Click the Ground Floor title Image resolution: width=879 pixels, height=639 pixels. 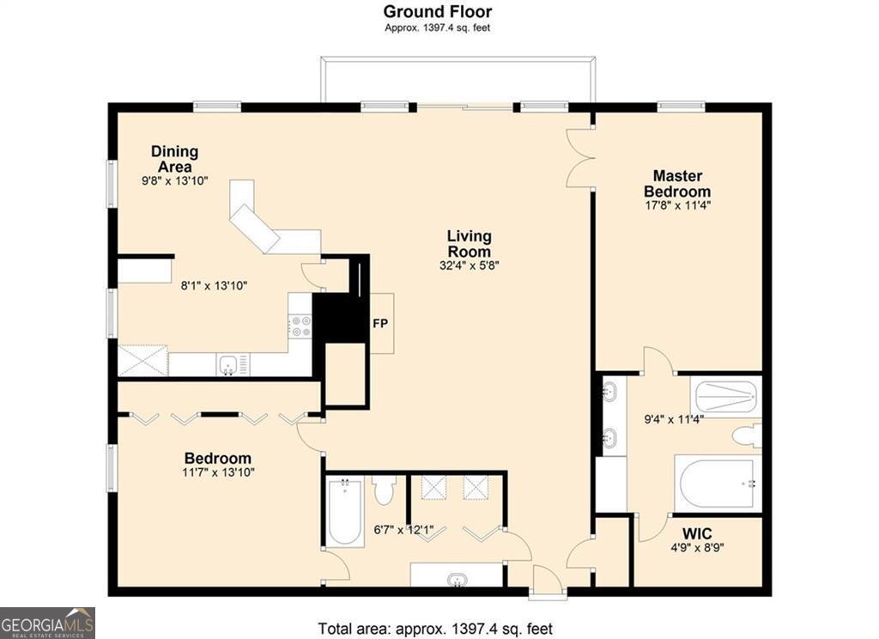[x=437, y=11]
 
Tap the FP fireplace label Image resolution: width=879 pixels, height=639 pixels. [x=380, y=324]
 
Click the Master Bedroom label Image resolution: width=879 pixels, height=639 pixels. [x=677, y=184]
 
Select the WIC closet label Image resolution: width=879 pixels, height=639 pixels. [x=697, y=533]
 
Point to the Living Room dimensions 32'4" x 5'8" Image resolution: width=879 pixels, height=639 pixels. [x=470, y=265]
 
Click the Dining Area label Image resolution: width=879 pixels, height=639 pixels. [x=175, y=159]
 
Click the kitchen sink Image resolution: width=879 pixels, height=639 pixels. [x=228, y=365]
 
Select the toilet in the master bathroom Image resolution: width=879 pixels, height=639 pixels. [x=747, y=436]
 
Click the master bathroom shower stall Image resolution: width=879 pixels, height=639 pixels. [x=726, y=397]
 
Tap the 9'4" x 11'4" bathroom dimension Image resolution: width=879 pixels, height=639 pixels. [x=673, y=418]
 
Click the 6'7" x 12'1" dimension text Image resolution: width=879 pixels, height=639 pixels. [x=403, y=530]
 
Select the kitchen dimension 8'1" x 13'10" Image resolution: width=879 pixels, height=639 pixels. [x=214, y=285]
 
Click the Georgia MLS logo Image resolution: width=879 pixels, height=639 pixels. [x=48, y=623]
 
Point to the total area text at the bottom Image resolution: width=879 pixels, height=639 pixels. [x=435, y=629]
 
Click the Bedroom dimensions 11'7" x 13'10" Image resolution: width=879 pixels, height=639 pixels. [x=218, y=472]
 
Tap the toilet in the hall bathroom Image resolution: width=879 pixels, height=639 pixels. [x=385, y=490]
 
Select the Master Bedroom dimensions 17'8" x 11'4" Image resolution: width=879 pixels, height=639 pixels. [x=678, y=205]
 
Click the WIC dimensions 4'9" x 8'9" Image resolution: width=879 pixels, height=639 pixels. [x=697, y=547]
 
